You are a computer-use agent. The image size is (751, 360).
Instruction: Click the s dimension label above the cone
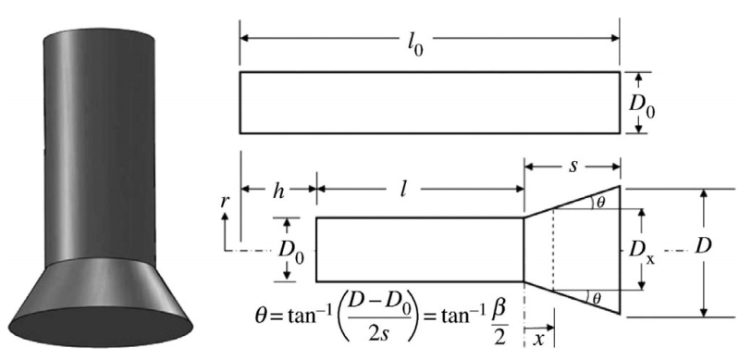pyautogui.click(x=573, y=166)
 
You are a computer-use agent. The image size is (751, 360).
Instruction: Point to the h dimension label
pyautogui.click(x=278, y=191)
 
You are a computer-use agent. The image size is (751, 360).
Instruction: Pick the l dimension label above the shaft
pyautogui.click(x=403, y=190)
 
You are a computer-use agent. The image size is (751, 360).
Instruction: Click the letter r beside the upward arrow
pyautogui.click(x=223, y=202)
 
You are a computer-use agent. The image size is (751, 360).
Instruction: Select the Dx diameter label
pyautogui.click(x=642, y=251)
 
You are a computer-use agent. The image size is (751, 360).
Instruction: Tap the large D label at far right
pyautogui.click(x=703, y=246)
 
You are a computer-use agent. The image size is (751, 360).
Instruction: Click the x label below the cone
pyautogui.click(x=539, y=338)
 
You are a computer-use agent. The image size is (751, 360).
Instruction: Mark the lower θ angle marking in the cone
pyautogui.click(x=596, y=298)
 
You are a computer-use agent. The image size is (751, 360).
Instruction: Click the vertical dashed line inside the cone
pyautogui.click(x=553, y=250)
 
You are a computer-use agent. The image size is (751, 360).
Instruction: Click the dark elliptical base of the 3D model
pyautogui.click(x=101, y=327)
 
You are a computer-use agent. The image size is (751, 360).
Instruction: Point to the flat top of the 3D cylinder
pyautogui.click(x=99, y=36)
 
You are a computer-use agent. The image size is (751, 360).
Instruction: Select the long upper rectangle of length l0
pyautogui.click(x=430, y=103)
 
